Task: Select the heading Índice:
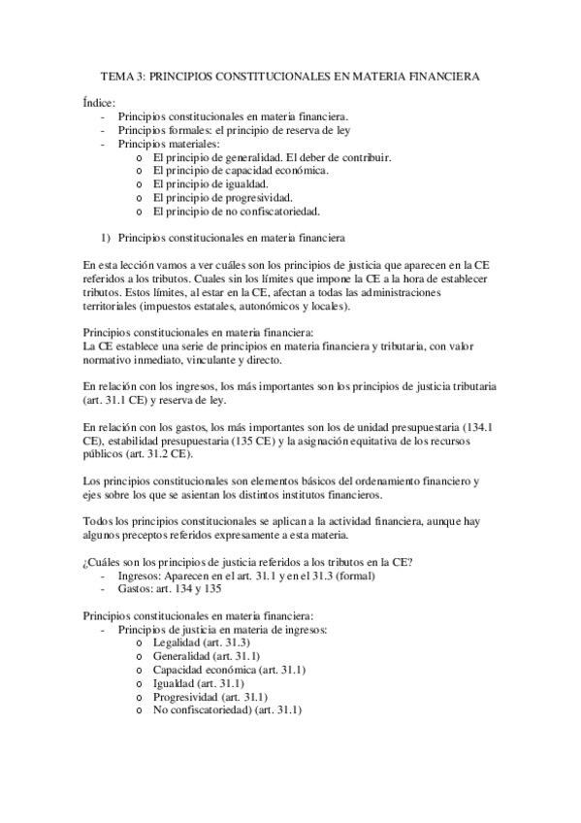[x=98, y=102]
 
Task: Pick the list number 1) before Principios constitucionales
[x=107, y=237]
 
